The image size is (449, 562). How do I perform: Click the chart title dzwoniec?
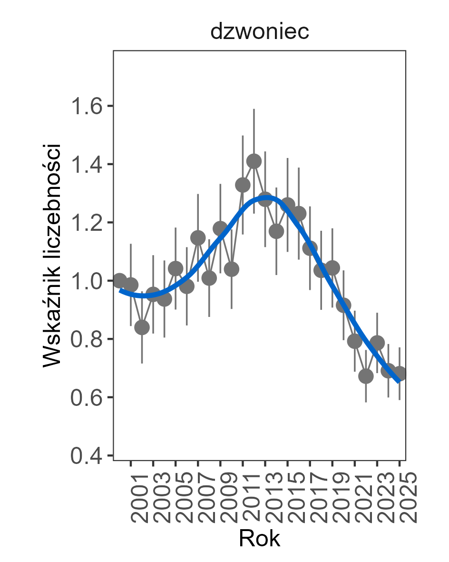[x=260, y=32]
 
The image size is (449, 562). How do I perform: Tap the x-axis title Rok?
[x=259, y=539]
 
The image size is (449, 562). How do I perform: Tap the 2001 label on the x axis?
[x=137, y=498]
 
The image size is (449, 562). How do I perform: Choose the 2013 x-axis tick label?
[x=272, y=498]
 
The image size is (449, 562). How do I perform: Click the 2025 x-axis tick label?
[x=407, y=498]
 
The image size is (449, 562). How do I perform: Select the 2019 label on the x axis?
[x=339, y=498]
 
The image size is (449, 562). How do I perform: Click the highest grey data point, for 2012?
[x=254, y=161]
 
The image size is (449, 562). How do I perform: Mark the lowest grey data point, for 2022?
[x=366, y=376]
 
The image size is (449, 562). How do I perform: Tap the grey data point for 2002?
[x=142, y=327]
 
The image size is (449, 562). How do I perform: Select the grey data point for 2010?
[x=232, y=269]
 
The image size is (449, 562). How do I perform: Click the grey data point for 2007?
[x=198, y=237]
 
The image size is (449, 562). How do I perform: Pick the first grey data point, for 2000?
[x=119, y=281]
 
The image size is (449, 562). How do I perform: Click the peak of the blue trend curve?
[x=265, y=197]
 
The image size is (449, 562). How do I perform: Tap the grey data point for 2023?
[x=377, y=343]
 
